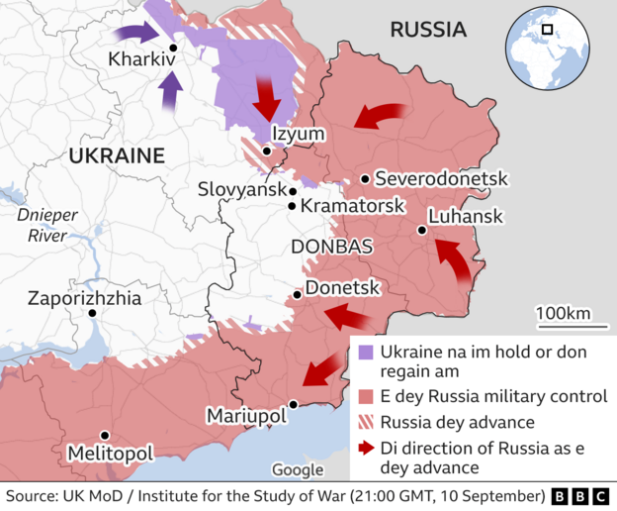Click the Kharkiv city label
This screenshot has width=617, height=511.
pos(141,61)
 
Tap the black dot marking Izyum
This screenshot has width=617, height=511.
pos(267,152)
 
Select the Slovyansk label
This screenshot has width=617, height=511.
pos(241,188)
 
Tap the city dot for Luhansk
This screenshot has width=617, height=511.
pos(422,230)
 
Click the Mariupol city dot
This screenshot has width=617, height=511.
pos(293,404)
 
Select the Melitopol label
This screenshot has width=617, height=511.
pos(110,453)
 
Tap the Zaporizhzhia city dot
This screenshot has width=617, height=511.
pos(92,313)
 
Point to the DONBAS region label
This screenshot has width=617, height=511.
pos(331,247)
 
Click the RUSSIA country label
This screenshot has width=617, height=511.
pos(428,30)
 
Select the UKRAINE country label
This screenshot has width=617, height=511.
pos(116,155)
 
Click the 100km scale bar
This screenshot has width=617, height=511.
pos(563,324)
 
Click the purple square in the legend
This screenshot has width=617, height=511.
pos(366,352)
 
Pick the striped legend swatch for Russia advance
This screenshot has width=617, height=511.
pos(366,423)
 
